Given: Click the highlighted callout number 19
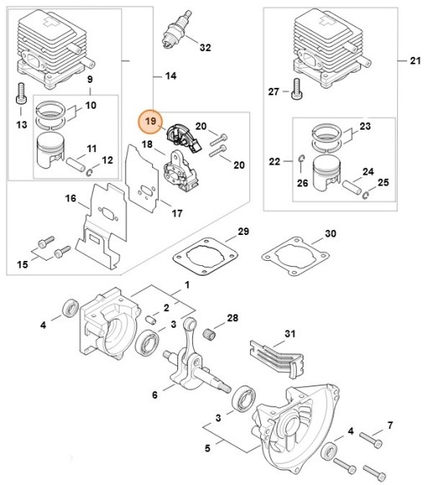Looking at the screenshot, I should [x=150, y=122].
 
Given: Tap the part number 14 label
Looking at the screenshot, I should [x=171, y=76].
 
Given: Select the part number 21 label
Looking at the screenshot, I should [x=415, y=61].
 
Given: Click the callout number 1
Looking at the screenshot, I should [x=186, y=286].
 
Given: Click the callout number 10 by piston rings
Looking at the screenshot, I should [x=91, y=105].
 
